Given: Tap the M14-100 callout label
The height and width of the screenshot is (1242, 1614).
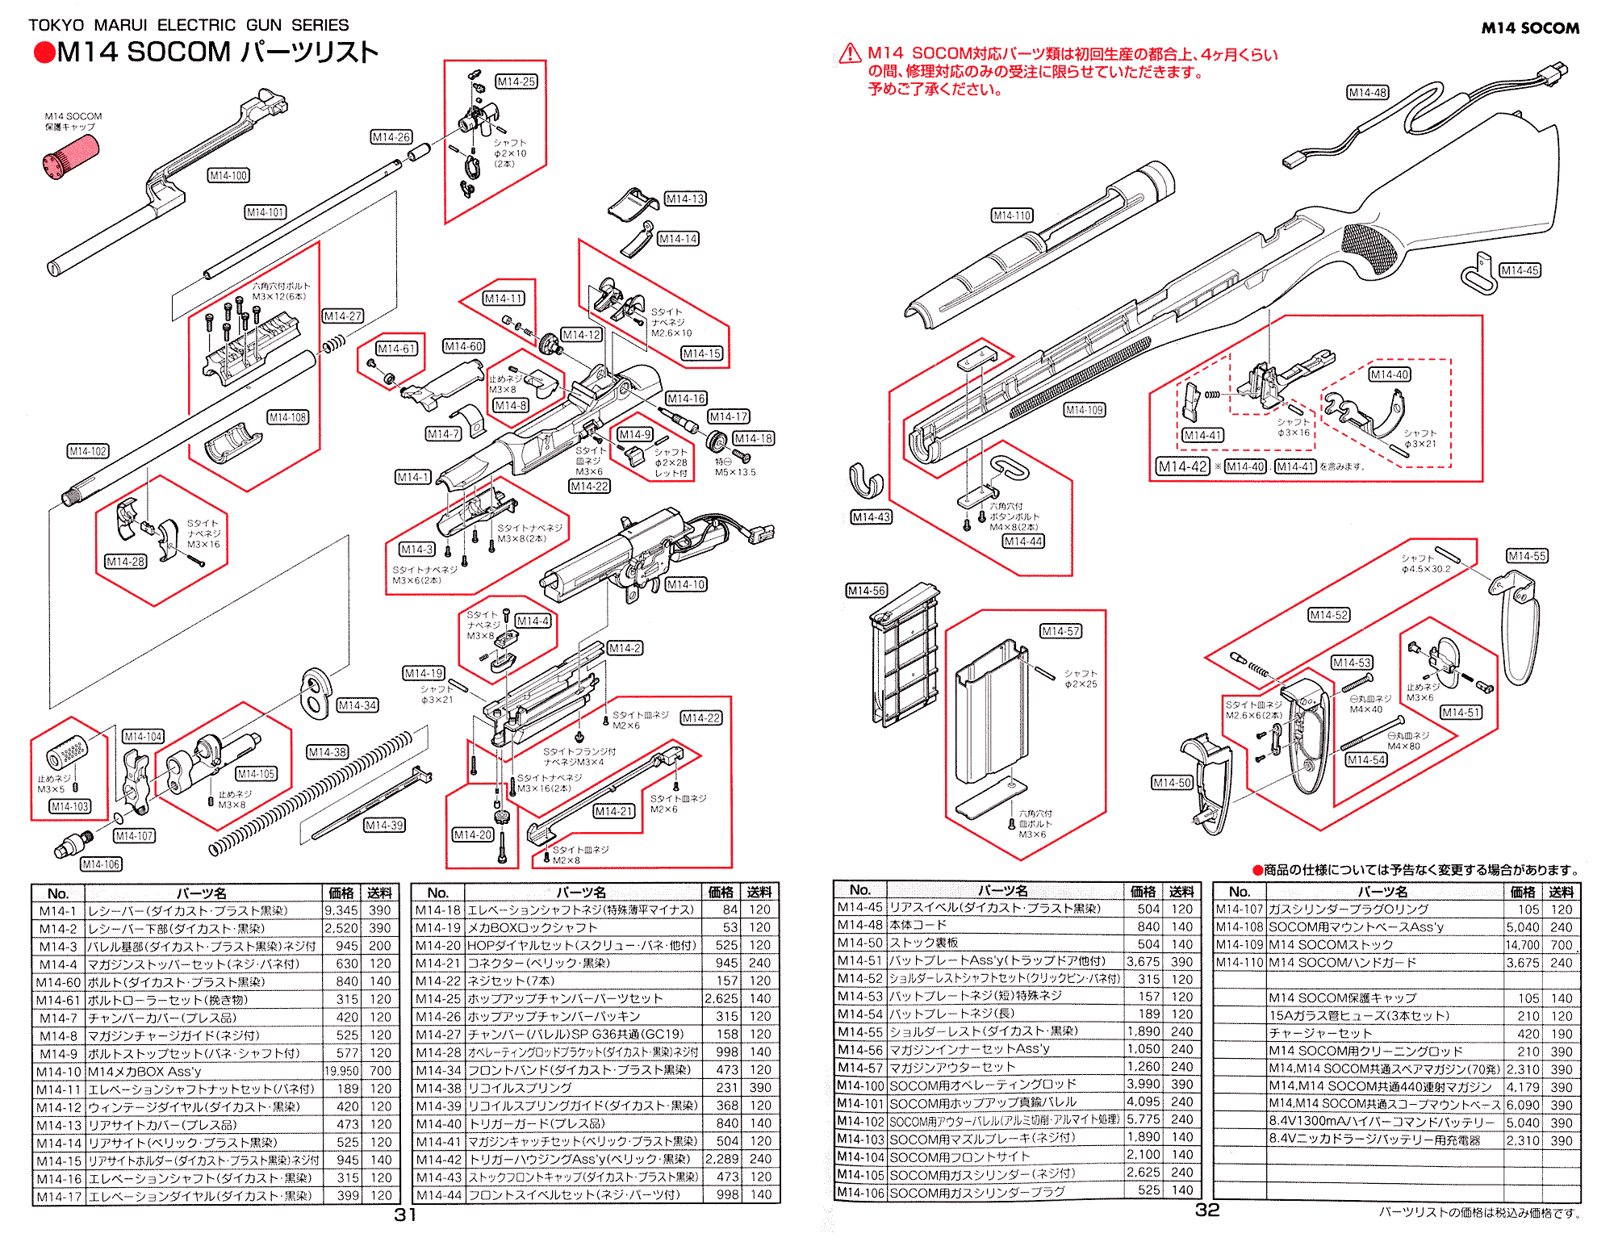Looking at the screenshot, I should (228, 175).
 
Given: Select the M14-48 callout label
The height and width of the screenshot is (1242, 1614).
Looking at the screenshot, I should (1367, 92).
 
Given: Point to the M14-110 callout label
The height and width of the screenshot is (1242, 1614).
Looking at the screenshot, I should (1012, 215).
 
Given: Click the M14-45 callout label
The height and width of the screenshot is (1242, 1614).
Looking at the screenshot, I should (1520, 270).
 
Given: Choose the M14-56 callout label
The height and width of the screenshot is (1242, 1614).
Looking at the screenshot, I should (866, 591).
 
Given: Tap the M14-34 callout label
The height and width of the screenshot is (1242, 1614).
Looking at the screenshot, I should (357, 705).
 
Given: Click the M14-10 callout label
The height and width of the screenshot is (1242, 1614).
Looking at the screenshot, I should (686, 584).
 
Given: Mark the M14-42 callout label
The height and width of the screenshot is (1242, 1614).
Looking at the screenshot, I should (1182, 466).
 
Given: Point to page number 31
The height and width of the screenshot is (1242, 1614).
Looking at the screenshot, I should (405, 1215).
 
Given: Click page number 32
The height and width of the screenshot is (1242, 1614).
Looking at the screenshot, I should (1207, 1210).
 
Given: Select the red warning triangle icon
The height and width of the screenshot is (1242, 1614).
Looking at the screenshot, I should (849, 54).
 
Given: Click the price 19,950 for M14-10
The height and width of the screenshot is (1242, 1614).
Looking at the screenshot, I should (341, 1071).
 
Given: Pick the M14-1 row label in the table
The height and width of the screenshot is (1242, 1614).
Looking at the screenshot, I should (57, 910).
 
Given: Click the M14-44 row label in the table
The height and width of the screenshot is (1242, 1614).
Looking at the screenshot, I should (438, 1194).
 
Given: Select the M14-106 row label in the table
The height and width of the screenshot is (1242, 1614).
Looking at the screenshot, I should (859, 1192).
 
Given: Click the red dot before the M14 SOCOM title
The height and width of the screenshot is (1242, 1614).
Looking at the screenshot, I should (44, 53).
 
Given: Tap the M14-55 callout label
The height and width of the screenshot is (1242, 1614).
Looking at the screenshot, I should (1527, 556).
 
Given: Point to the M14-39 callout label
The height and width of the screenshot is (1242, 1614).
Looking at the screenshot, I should (384, 825).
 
